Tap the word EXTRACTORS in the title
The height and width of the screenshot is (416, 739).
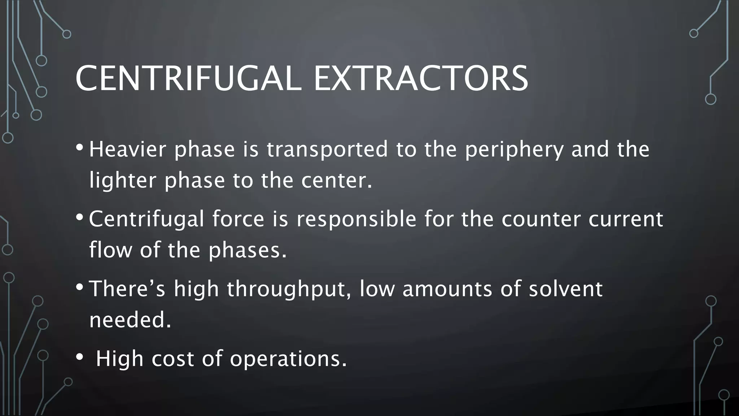tap(421, 78)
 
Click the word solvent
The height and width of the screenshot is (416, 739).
tap(566, 289)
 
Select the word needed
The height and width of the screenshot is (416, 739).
tap(130, 320)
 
